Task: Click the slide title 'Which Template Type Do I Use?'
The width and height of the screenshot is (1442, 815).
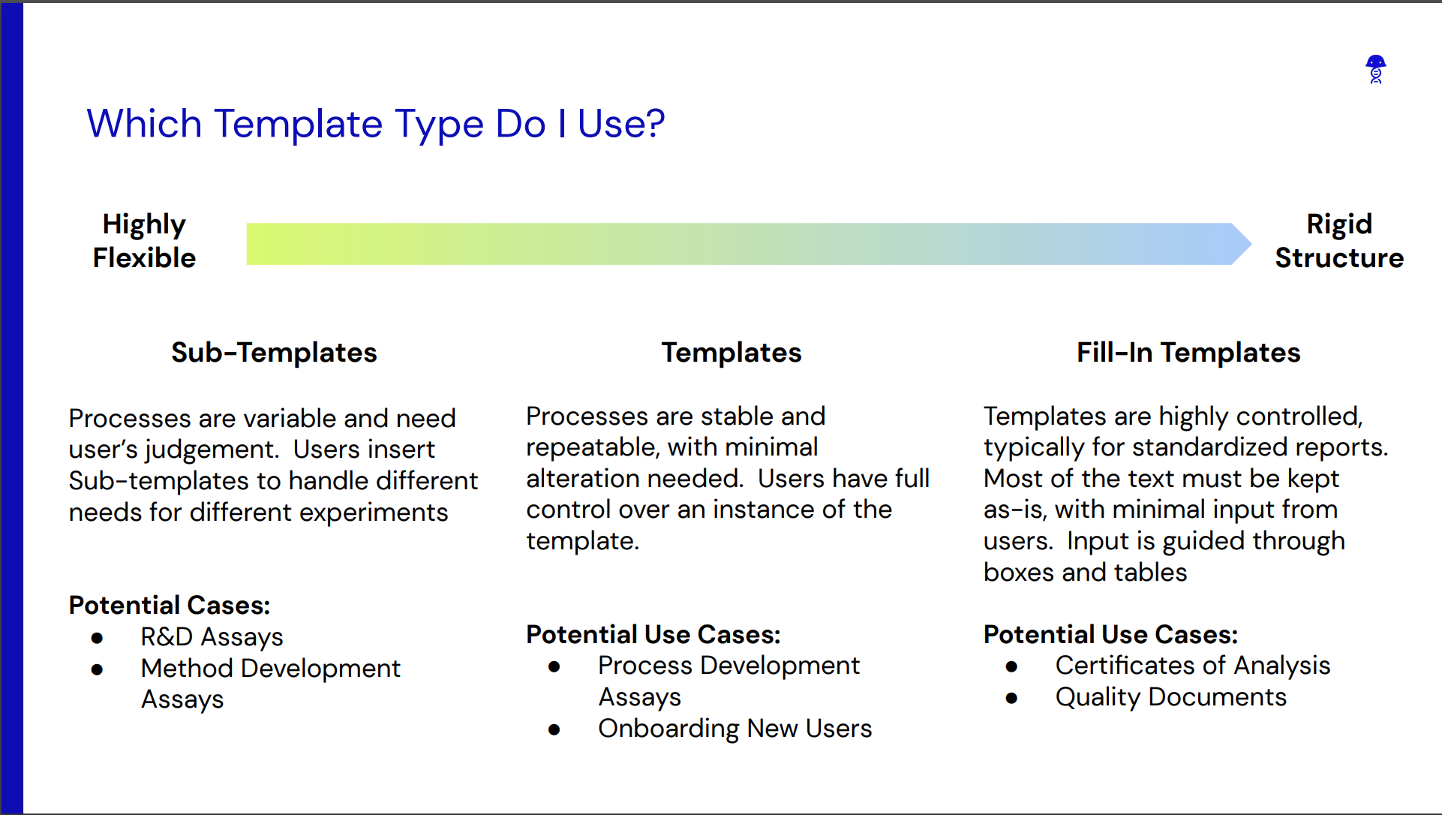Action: [x=376, y=124]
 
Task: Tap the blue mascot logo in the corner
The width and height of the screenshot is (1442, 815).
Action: [x=1375, y=69]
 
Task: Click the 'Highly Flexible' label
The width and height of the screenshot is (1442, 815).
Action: [x=144, y=241]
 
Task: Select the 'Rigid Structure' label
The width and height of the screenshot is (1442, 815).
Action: [x=1339, y=241]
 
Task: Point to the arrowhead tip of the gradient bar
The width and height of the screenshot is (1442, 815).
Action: [x=1251, y=244]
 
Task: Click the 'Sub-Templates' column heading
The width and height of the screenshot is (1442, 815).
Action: [x=274, y=353]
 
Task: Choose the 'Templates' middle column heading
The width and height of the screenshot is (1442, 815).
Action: [x=732, y=353]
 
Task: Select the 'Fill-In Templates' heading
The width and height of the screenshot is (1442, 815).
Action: [x=1188, y=353]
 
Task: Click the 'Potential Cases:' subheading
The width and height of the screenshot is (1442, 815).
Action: [x=170, y=605]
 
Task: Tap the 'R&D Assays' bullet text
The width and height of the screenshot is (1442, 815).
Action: [x=212, y=637]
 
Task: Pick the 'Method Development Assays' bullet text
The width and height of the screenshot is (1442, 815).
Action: [x=271, y=684]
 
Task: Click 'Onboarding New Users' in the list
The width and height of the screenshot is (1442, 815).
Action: [x=735, y=729]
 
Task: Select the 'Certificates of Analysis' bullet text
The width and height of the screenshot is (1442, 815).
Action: [x=1193, y=666]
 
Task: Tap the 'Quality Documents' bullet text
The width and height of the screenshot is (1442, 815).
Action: [x=1171, y=697]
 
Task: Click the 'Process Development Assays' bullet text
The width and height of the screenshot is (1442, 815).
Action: [x=729, y=681]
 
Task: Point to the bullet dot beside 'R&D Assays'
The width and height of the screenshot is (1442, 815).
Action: [x=97, y=639]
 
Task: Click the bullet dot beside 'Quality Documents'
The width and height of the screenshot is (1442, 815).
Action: [x=1011, y=699]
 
